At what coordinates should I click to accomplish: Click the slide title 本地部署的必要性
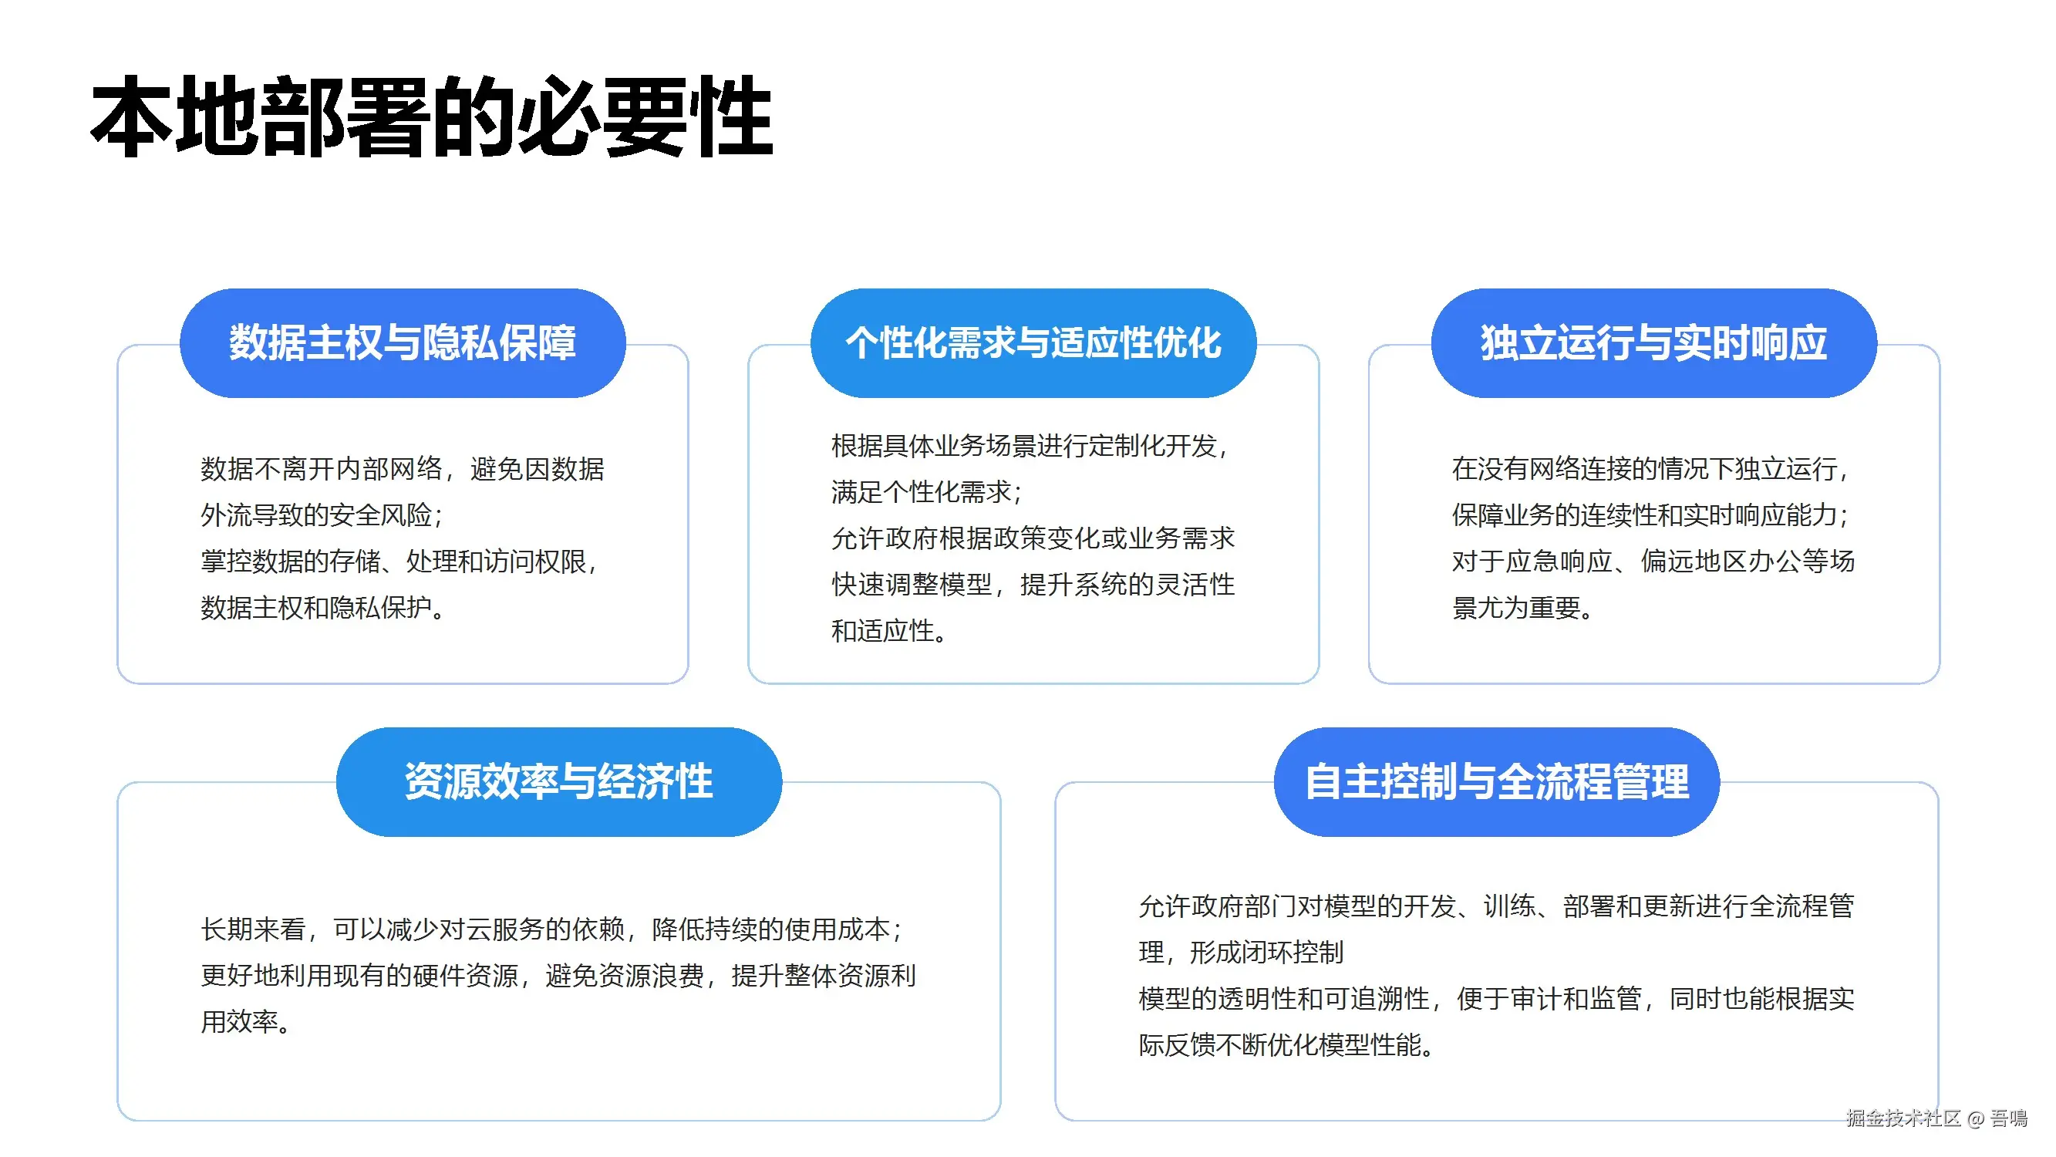432,116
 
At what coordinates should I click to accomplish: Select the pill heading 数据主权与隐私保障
403,343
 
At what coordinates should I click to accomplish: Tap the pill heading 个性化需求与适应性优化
1033,343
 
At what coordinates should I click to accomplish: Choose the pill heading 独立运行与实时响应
1653,343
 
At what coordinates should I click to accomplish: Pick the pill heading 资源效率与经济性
558,781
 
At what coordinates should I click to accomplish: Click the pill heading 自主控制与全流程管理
1497,781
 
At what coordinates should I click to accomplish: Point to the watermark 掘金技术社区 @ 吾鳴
1936,1118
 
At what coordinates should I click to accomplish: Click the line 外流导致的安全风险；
322,515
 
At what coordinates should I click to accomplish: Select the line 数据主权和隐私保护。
322,608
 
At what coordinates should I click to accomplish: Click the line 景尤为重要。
1523,608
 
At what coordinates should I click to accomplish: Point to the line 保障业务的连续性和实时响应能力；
1650,515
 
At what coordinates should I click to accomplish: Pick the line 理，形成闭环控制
1241,952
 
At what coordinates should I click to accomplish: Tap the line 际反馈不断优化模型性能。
1286,1044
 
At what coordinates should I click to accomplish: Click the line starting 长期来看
552,929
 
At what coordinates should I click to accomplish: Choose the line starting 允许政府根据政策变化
1033,538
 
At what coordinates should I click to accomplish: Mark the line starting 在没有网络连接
1650,469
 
